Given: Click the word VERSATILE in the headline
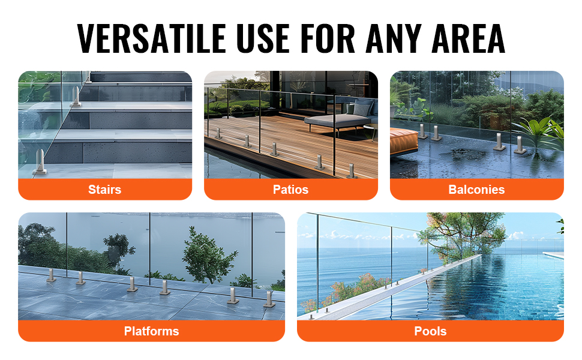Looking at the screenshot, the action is click(x=151, y=38).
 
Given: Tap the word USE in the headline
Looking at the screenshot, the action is click(x=262, y=38).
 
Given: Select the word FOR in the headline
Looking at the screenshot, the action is click(x=328, y=38).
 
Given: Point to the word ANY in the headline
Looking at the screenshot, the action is click(x=394, y=38).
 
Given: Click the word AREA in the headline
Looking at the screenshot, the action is click(x=469, y=38).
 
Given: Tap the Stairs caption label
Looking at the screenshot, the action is click(x=104, y=190).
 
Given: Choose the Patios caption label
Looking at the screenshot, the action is click(x=290, y=190).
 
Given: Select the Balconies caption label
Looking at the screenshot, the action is click(x=476, y=190).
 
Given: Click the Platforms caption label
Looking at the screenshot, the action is click(x=151, y=331).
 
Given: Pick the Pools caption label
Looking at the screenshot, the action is click(x=430, y=331).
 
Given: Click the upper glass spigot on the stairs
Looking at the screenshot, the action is click(x=76, y=97).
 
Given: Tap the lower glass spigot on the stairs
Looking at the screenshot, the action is click(x=40, y=162).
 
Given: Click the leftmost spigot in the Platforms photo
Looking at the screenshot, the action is click(x=51, y=275).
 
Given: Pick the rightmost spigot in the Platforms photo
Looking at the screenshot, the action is click(x=269, y=299).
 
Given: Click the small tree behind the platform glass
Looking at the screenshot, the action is click(x=208, y=256).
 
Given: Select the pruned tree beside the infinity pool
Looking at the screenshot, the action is click(x=464, y=232).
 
